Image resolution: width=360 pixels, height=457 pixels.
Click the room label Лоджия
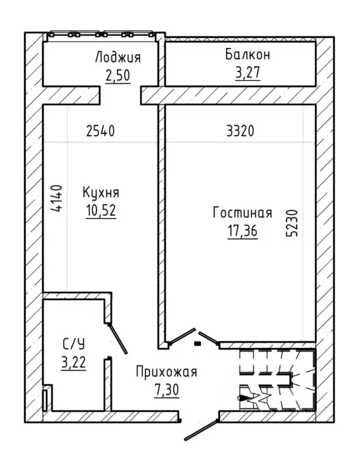click(x=118, y=58)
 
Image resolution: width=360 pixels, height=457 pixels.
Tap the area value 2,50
click(x=118, y=76)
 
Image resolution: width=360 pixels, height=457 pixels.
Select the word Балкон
click(x=247, y=54)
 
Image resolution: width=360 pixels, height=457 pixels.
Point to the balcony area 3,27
click(x=247, y=73)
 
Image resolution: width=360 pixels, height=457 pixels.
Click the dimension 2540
click(x=101, y=131)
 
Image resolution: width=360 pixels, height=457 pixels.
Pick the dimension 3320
click(x=240, y=131)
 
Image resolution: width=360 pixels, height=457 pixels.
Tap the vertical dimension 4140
click(x=57, y=198)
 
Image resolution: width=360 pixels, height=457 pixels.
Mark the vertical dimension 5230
click(x=293, y=223)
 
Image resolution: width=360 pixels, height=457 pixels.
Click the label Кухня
click(x=101, y=193)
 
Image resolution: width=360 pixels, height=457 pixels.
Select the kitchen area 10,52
click(x=101, y=210)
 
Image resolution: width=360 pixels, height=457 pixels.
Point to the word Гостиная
click(x=243, y=213)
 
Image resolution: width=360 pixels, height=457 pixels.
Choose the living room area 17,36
click(x=243, y=231)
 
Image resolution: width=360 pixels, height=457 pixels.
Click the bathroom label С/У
click(x=73, y=344)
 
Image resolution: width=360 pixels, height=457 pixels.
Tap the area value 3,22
click(x=73, y=363)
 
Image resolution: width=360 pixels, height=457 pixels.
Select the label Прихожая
click(x=167, y=372)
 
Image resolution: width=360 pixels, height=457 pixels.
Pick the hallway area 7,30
click(x=167, y=390)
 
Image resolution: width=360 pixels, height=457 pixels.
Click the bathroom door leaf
click(x=117, y=338)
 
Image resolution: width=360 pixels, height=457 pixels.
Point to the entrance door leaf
click(x=201, y=430)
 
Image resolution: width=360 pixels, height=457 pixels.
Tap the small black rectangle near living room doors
click(x=198, y=344)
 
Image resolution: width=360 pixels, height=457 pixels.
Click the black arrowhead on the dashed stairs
click(x=243, y=397)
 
